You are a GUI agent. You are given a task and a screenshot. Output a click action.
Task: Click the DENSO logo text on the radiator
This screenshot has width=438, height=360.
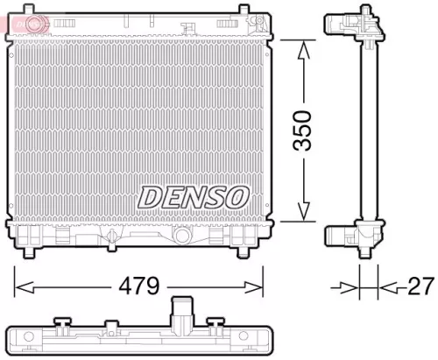194,196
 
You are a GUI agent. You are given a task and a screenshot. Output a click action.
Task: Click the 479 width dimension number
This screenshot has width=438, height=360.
140,285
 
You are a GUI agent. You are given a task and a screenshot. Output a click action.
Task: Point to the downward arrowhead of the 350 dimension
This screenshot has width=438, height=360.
302,213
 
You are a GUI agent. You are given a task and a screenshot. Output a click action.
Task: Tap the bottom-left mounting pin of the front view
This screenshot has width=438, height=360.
32,251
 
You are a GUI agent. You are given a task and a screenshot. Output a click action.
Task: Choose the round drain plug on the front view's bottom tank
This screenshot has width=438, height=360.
182,237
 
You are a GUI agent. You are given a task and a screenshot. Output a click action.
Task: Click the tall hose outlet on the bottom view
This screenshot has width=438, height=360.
181,311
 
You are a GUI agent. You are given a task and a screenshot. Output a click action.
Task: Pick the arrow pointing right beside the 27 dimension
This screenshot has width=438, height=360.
349,286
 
